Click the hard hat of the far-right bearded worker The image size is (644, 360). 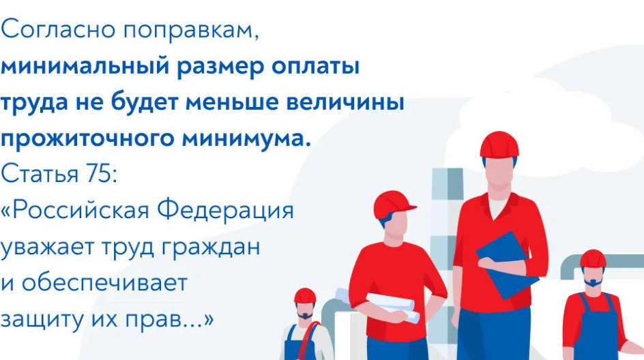coord(592,258)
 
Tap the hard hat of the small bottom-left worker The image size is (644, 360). coord(305,295)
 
